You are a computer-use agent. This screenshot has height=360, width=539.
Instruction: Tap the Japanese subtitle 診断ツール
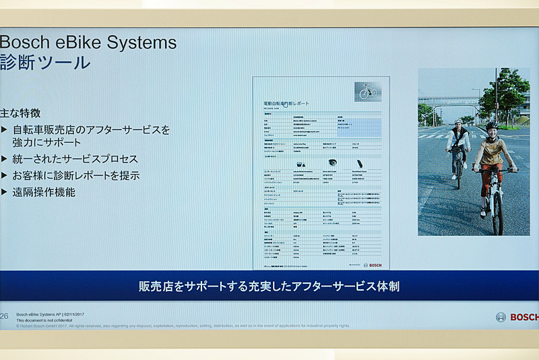point(44,63)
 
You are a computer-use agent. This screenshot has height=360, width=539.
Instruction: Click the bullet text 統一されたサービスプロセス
point(75,159)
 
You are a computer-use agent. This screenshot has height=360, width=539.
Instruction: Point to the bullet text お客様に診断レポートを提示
point(75,175)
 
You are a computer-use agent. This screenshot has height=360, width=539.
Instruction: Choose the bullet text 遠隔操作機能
point(44,192)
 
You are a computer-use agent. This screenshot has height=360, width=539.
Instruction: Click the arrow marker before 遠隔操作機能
point(5,192)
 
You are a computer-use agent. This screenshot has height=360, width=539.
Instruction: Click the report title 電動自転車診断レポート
point(286,103)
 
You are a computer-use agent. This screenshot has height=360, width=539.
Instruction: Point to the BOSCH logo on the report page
point(372,265)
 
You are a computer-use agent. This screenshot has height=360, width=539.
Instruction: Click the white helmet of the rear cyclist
point(458,121)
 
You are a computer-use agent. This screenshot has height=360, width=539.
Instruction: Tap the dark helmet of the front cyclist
point(492,125)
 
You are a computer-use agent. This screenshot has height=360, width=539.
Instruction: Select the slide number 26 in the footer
point(4,316)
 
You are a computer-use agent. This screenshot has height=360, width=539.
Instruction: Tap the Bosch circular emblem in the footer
point(501,317)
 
